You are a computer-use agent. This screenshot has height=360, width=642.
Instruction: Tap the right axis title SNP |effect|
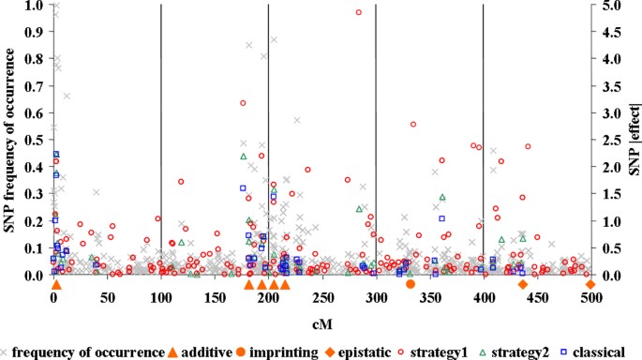pos(634,141)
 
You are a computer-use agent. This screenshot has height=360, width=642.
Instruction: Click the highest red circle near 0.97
pos(358,12)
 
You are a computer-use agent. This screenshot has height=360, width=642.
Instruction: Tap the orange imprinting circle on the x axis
pos(410,284)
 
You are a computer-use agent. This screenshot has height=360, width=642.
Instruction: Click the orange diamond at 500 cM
pos(590,284)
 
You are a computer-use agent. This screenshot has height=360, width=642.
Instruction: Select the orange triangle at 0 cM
pos(55,284)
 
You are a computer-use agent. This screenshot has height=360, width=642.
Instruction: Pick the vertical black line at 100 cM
pos(161,141)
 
